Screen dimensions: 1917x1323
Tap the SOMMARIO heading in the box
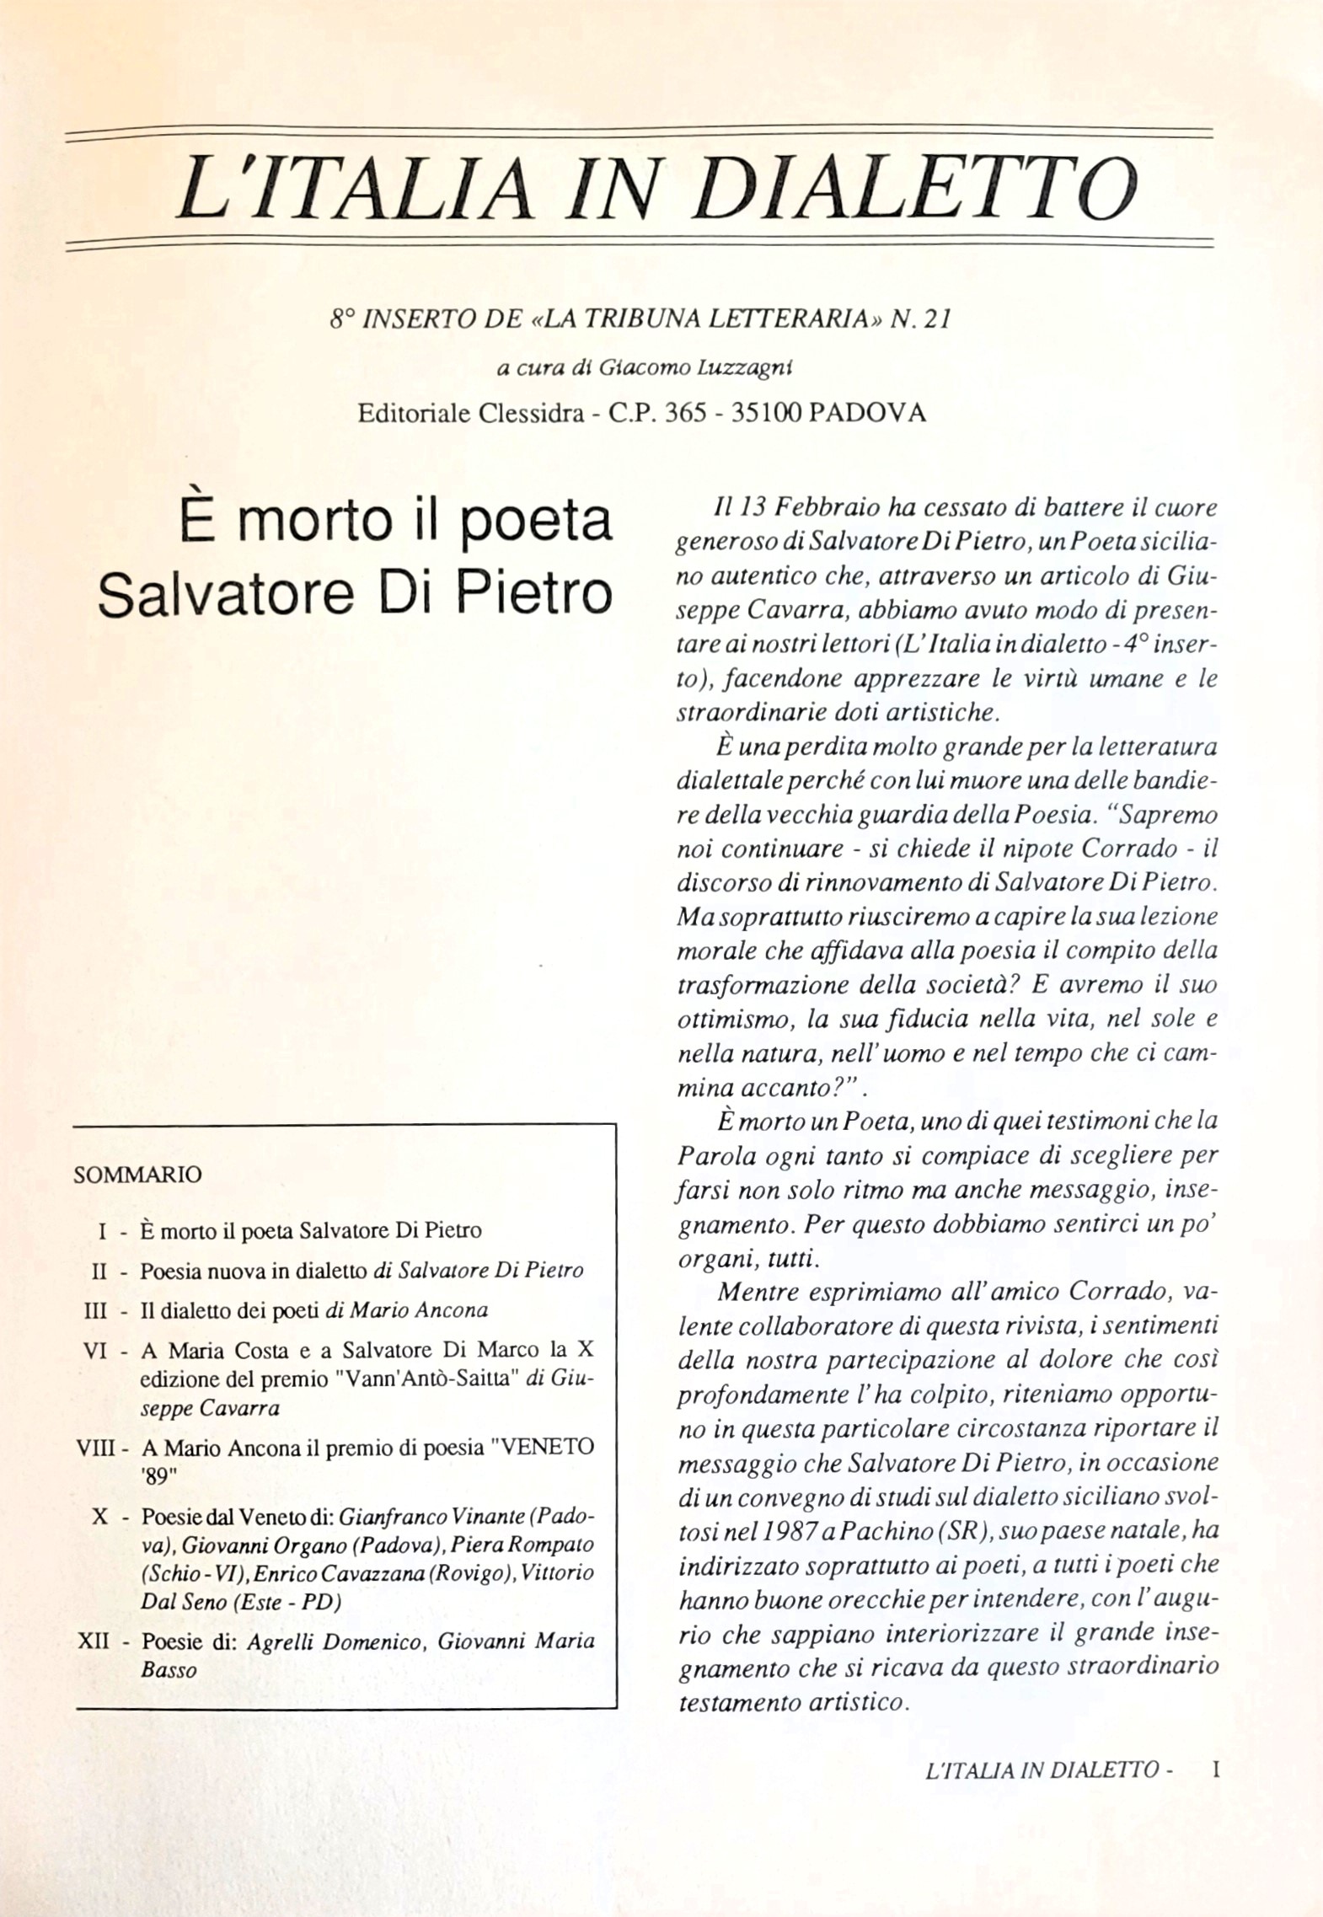138,1175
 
